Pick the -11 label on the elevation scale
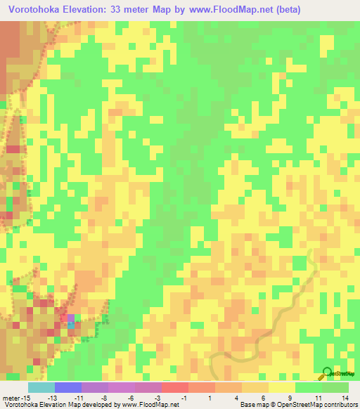(79, 396)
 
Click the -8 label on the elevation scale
(105, 396)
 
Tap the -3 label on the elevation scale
(159, 396)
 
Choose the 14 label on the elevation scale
(345, 396)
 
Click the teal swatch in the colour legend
(41, 387)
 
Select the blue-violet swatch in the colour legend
(68, 387)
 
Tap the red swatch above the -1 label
(174, 387)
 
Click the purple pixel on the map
(70, 318)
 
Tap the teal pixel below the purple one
(70, 325)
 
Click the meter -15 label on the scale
(15, 396)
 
